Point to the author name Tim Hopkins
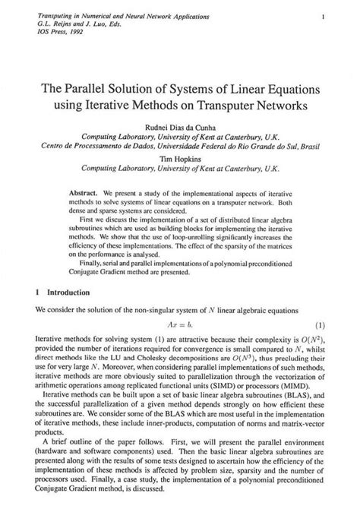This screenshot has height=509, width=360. point(181,160)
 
